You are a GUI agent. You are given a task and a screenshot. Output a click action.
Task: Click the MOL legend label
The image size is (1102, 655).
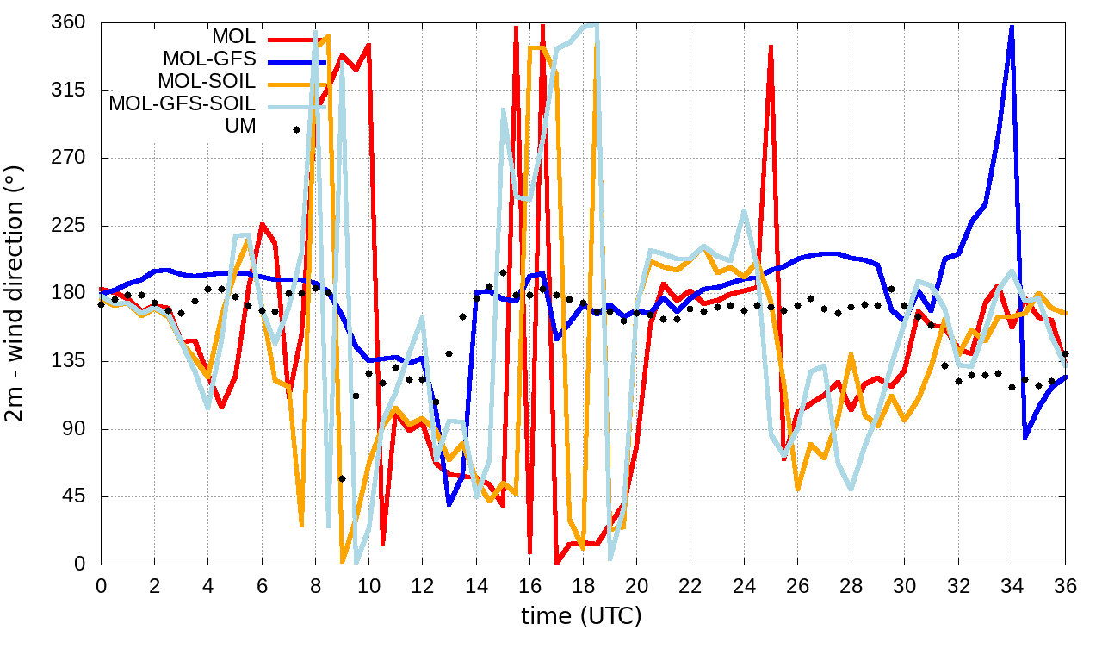coord(233,37)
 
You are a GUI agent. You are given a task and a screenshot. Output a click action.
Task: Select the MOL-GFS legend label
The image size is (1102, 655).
coord(209,59)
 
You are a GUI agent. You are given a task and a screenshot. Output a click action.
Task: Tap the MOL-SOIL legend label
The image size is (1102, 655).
coord(207,82)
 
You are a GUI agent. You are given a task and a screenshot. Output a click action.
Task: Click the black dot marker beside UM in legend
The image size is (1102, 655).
coord(296,129)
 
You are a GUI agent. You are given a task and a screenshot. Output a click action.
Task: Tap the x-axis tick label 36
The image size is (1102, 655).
coord(1065,585)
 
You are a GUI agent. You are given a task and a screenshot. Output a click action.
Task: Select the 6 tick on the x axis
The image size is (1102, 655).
coord(262,585)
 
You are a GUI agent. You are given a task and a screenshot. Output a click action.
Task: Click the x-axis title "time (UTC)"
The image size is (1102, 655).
coord(581,616)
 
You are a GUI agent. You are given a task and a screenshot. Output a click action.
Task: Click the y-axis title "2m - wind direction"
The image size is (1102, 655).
coord(16,293)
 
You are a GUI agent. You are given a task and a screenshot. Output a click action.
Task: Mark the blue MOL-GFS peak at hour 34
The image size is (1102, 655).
coord(1012,26)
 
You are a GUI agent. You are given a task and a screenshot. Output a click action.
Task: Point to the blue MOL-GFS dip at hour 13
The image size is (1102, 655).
coord(449,504)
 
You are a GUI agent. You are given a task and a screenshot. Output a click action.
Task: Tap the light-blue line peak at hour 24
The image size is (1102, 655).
coord(744,210)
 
